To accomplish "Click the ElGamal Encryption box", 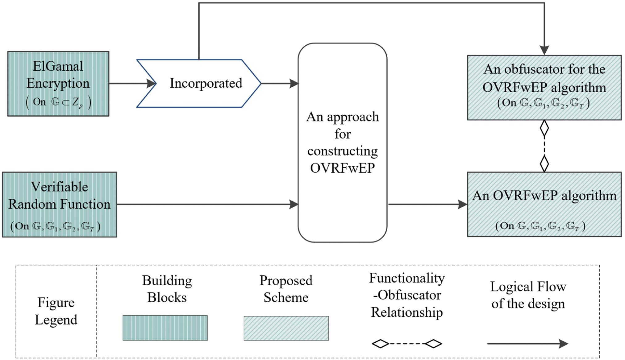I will (x=58, y=84).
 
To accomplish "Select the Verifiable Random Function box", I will (x=59, y=204).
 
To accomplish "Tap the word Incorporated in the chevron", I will (x=206, y=83).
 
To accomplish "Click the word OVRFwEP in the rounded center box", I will (x=342, y=168).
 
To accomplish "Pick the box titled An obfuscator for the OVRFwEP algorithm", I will (x=544, y=87).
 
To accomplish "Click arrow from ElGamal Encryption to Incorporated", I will (x=131, y=83).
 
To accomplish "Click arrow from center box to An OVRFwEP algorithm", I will (x=427, y=204).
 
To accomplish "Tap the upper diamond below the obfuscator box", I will (x=544, y=128).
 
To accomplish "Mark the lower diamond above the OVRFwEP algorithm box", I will (x=544, y=163).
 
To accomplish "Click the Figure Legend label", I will (x=56, y=311).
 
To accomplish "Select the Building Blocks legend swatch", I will (x=165, y=328).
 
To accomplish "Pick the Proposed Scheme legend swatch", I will (x=286, y=328).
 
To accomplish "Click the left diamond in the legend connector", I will (x=380, y=344).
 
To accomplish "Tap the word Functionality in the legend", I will (x=407, y=278).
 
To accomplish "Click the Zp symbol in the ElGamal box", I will (x=77, y=102).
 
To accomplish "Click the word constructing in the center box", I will (x=342, y=151).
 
